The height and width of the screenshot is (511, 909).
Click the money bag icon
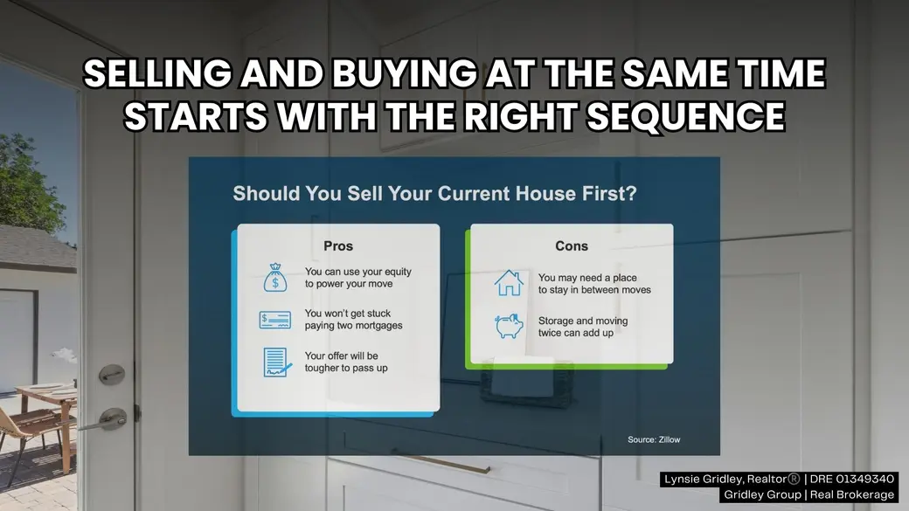pos(274,278)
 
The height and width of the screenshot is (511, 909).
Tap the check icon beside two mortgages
pos(274,321)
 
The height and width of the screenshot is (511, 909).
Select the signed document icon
pos(277,363)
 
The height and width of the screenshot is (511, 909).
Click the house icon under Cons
pos(509,283)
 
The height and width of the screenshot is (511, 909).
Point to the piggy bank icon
pos(509,326)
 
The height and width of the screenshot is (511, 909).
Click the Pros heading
pos(338,246)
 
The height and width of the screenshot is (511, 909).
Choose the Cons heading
pos(572,246)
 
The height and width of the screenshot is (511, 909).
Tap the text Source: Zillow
pos(654,439)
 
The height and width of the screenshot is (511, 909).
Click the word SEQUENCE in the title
pos(686,116)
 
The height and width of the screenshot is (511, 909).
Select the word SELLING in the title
pos(157,73)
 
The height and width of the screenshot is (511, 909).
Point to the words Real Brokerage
pos(852,494)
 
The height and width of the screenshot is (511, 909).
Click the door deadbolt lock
pos(112,374)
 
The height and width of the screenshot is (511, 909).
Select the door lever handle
pos(104,420)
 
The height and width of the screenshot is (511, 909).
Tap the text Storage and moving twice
pos(583,327)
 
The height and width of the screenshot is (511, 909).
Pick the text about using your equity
pos(357,278)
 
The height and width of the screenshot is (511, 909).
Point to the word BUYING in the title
pos(404,73)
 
